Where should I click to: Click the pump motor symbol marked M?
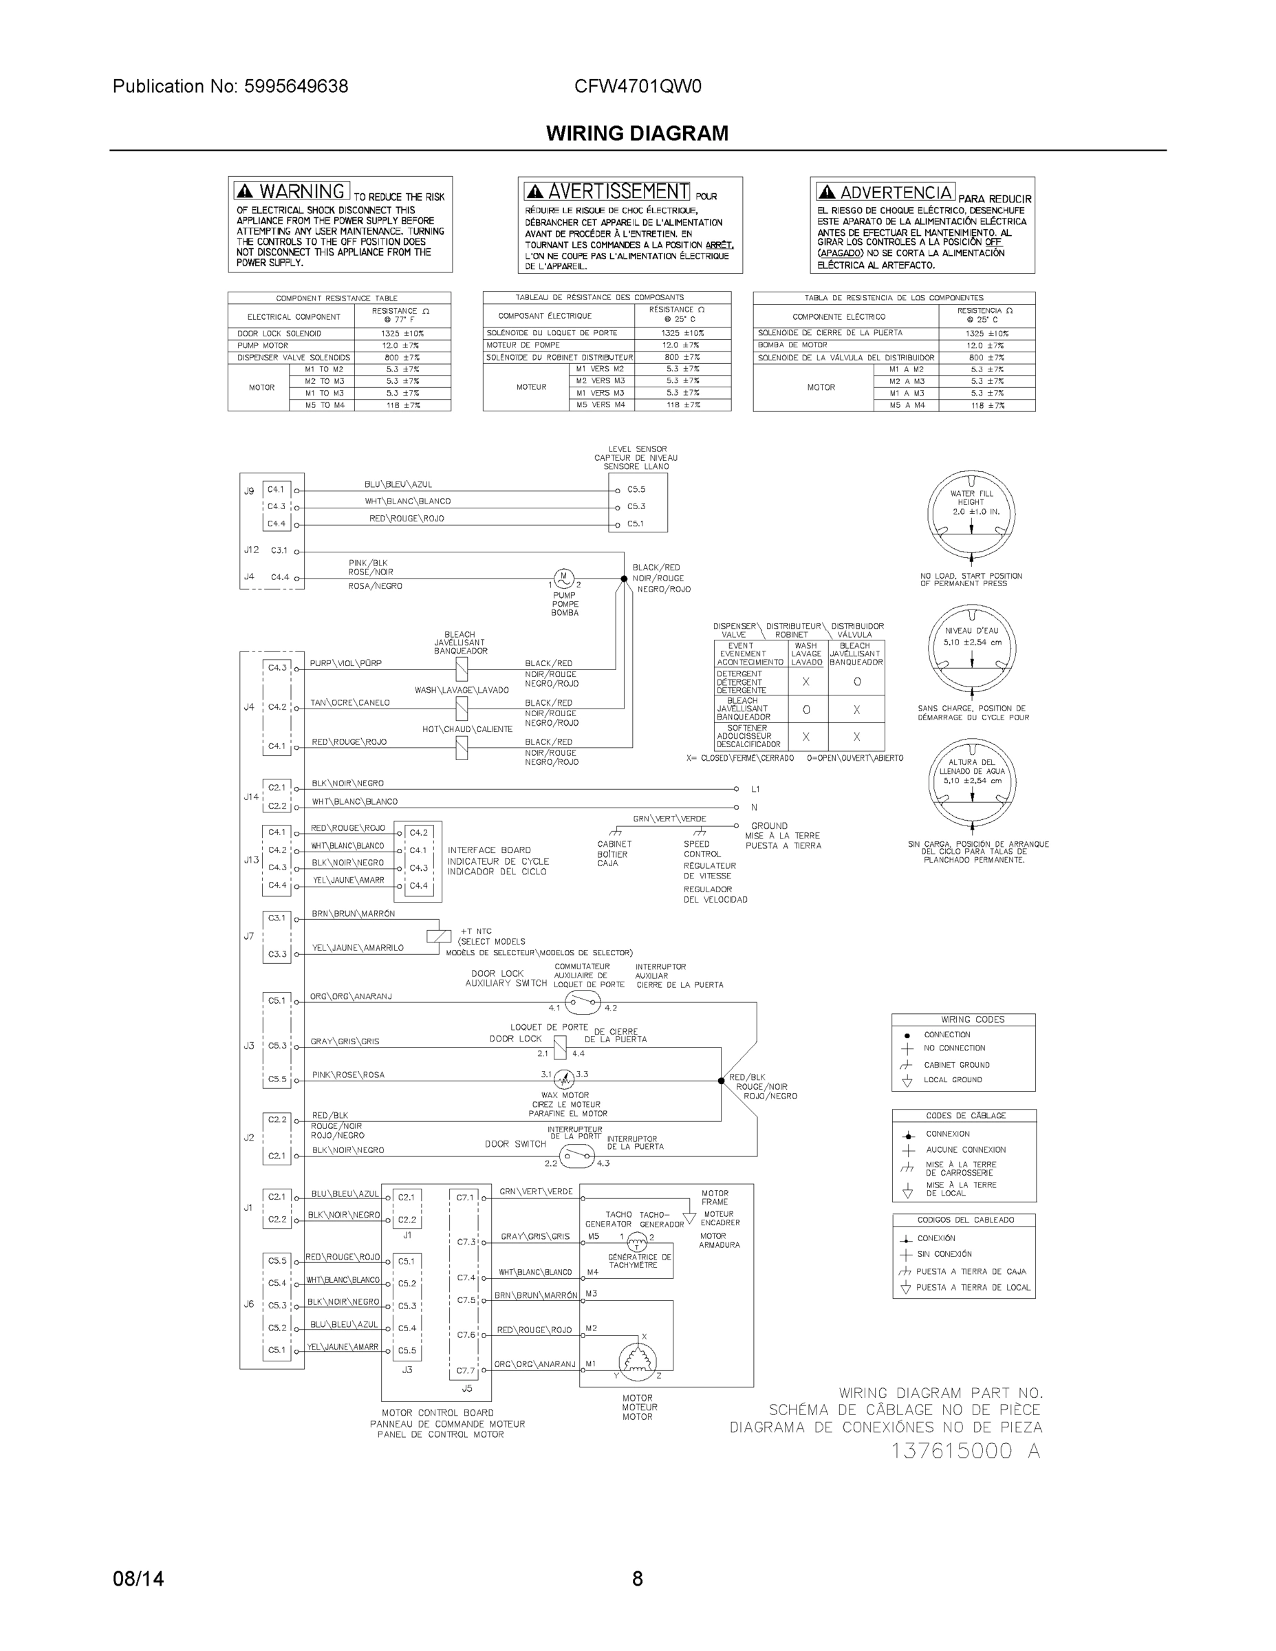pyautogui.click(x=564, y=579)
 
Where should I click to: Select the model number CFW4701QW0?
pyautogui.click(x=637, y=86)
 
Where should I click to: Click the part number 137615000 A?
pyautogui.click(x=965, y=1451)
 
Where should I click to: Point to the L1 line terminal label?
pyautogui.click(x=755, y=788)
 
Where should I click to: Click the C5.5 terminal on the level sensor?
pyautogui.click(x=636, y=489)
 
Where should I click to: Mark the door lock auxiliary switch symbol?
pyautogui.click(x=582, y=1003)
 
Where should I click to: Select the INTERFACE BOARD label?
pyautogui.click(x=489, y=850)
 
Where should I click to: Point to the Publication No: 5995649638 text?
pyautogui.click(x=230, y=86)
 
